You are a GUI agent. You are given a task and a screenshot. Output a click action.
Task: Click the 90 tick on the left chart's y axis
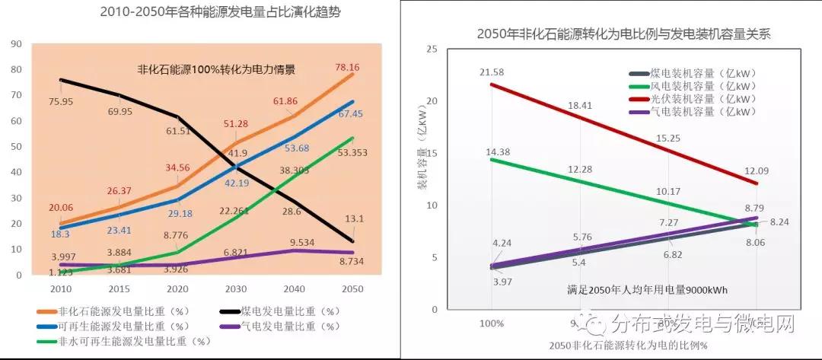[16, 43]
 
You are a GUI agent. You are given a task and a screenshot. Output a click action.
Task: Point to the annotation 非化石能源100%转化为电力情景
[215, 68]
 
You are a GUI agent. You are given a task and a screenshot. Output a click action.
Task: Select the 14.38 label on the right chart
[493, 151]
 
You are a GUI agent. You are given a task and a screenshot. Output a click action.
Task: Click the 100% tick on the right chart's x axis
[492, 323]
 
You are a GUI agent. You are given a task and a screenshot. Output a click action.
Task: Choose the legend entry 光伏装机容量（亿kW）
[701, 99]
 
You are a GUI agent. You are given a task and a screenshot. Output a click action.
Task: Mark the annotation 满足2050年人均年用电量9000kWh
[637, 290]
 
